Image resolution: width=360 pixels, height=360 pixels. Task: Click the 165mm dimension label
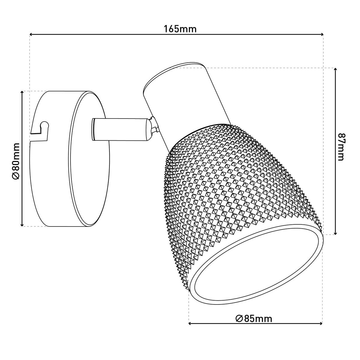(x=180, y=29)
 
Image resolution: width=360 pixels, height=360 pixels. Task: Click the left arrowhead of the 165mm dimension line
(x=31, y=34)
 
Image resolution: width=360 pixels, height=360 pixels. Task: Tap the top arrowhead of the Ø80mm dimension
(x=22, y=93)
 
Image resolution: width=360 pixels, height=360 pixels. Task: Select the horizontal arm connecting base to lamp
(x=120, y=129)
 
